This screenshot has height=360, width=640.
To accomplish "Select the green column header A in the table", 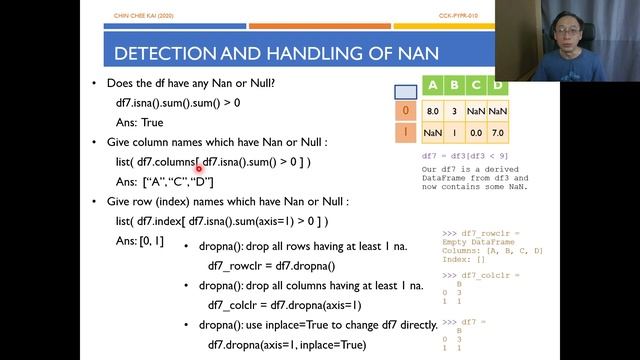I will point(433,87).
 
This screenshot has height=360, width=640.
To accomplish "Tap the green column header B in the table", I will point(455,87).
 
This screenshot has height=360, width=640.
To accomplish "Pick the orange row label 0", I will point(405,110).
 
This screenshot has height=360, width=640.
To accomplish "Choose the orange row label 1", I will point(405,132).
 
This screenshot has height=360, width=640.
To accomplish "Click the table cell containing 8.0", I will point(433,110).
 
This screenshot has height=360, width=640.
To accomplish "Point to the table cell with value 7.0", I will point(498,132).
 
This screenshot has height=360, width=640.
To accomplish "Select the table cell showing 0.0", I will point(477,132).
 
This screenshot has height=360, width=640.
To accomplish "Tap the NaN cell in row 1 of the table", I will point(433,132).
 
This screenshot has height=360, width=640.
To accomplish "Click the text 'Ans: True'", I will point(139,121).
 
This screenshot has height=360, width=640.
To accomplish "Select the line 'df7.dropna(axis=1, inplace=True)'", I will point(285,345).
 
